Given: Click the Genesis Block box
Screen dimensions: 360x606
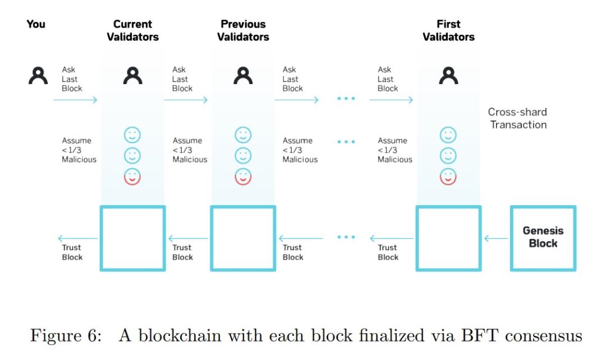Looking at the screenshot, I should (543, 238).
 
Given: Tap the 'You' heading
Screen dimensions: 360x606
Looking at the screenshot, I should (36, 24).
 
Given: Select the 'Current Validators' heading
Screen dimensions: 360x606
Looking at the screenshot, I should (132, 31).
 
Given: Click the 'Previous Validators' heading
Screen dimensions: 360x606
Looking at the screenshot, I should (243, 31).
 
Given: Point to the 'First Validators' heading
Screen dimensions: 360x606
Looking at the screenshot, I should (448, 31).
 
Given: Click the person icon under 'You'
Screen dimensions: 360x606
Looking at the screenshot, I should (37, 75).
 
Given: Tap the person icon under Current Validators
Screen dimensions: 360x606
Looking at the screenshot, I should (132, 75).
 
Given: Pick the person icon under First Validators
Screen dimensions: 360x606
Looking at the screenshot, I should (448, 75).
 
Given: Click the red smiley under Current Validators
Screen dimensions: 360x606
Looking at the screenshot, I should (132, 176).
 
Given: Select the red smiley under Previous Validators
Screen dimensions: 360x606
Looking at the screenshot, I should (243, 176).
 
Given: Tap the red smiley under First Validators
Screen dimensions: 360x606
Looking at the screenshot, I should (448, 176).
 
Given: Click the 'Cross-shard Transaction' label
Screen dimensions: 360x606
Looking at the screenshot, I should (517, 118).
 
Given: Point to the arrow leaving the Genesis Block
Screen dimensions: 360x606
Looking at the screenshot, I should (497, 238).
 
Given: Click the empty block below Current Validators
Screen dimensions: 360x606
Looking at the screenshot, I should (132, 238).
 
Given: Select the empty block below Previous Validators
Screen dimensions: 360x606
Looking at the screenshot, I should (243, 238).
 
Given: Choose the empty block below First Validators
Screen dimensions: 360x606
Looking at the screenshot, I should (448, 238).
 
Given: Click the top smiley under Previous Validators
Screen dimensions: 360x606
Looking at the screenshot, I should (243, 135).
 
